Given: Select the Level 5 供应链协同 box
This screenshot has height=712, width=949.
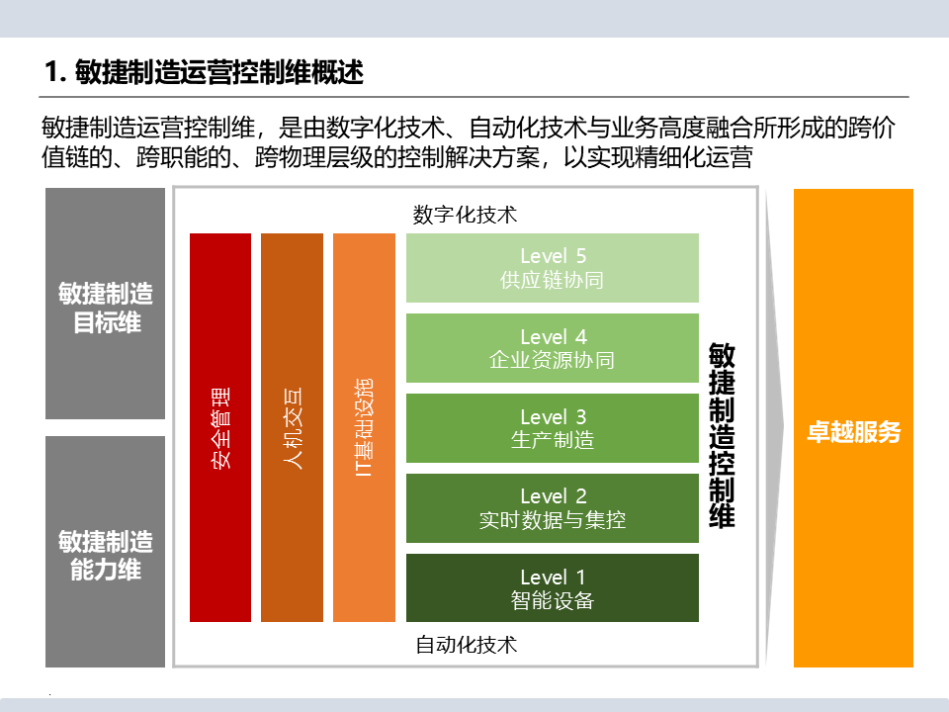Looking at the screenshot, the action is [x=553, y=268].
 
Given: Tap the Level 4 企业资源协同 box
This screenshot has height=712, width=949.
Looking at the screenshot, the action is [x=553, y=348].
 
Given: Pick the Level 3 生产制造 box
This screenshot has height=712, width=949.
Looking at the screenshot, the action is [x=553, y=428].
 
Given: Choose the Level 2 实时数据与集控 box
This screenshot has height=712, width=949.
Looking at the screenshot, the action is [x=553, y=507].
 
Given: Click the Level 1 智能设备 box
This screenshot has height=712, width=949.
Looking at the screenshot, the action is [x=553, y=587].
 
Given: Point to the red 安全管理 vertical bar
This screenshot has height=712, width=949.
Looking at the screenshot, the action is [x=220, y=427].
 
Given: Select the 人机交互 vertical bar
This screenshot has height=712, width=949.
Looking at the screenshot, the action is [x=292, y=427].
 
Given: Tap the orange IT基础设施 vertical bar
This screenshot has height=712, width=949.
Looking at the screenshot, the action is [x=364, y=427].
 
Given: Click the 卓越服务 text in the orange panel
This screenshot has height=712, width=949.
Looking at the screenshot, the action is [x=853, y=433].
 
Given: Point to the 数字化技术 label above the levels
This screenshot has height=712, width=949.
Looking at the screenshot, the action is [x=465, y=215].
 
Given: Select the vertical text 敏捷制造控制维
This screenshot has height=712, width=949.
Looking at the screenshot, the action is [x=722, y=435].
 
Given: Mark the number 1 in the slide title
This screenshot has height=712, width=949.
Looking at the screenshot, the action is [x=52, y=72].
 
